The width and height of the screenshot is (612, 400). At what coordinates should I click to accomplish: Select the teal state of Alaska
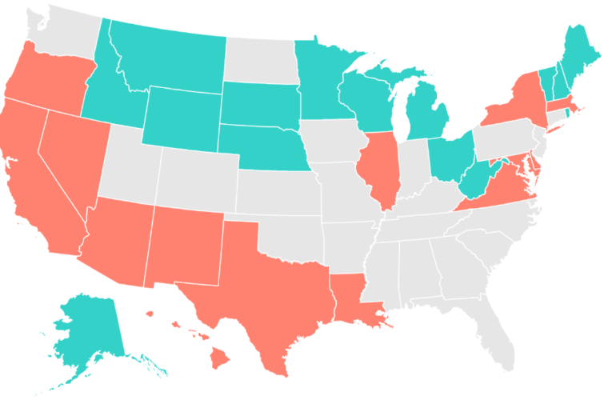click(88, 328)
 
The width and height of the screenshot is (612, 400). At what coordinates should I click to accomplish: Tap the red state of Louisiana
click(352, 300)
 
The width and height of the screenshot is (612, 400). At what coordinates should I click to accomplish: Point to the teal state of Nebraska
click(264, 148)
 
